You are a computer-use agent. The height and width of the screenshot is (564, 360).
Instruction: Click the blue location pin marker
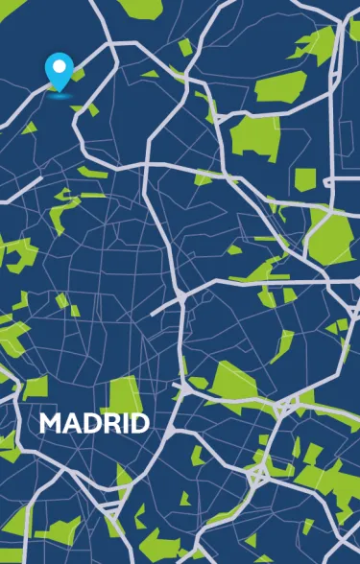pos(60,73)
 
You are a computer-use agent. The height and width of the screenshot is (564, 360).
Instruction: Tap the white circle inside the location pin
pos(60,67)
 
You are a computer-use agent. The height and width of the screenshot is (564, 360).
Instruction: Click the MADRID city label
pos(94,423)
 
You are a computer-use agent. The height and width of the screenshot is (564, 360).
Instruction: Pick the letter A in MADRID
pos(69,423)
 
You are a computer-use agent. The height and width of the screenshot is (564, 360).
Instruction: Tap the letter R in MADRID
pos(106,423)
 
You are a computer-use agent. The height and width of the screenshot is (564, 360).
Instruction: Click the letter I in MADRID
pos(121,423)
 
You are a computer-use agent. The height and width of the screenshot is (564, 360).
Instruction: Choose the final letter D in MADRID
pos(138,423)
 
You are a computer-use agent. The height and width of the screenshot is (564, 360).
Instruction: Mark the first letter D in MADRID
pos(87,423)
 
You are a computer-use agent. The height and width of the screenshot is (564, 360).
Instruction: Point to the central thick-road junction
pos(181,298)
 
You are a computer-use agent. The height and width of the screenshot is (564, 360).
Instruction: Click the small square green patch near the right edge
pos(304,179)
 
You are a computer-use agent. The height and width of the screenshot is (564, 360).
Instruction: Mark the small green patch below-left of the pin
pos(29,128)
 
